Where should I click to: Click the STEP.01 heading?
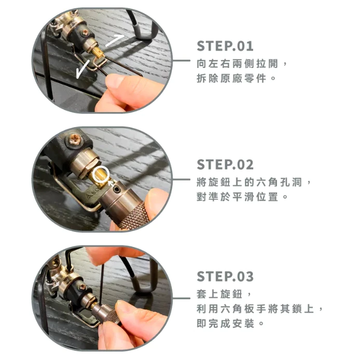pos(225,46)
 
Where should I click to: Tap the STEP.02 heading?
pos(225,165)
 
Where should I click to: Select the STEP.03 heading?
pos(225,276)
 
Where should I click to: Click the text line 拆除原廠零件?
pos(237,78)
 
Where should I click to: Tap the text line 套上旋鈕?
pos(224,293)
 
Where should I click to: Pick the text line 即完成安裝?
pos(231,324)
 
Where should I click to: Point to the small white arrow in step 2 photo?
pos(113,181)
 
